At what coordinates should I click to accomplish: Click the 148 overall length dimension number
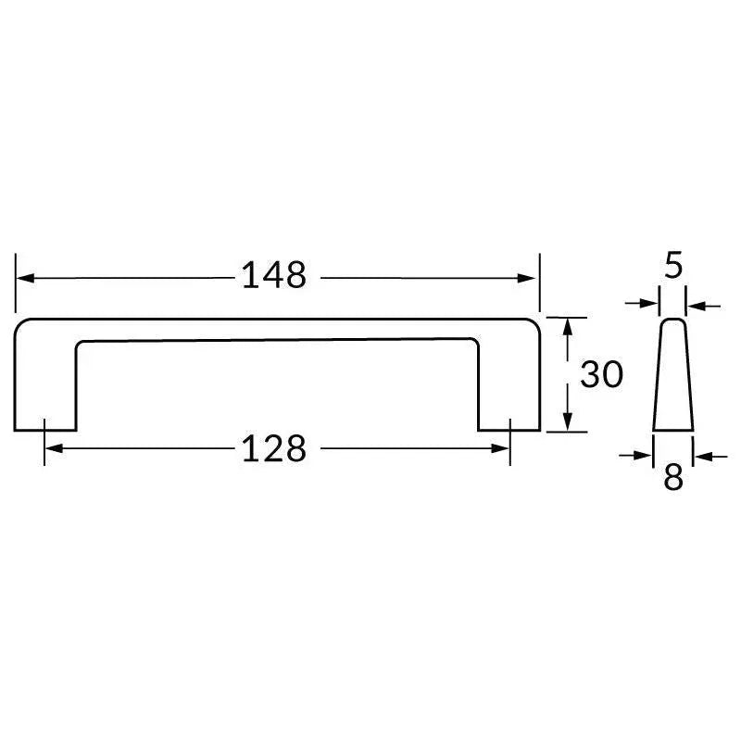[x=273, y=275]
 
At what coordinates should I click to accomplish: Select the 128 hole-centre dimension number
[x=273, y=449]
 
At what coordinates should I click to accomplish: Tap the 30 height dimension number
[x=601, y=375]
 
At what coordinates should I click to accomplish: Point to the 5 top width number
[x=673, y=266]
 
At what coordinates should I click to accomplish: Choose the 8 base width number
[x=673, y=478]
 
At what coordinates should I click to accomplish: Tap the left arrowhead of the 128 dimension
[x=53, y=449]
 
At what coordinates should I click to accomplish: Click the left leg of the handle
[x=45, y=389]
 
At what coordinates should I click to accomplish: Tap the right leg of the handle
[x=509, y=389]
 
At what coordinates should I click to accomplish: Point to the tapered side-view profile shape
[x=672, y=380]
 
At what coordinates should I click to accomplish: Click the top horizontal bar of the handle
[x=278, y=330]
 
